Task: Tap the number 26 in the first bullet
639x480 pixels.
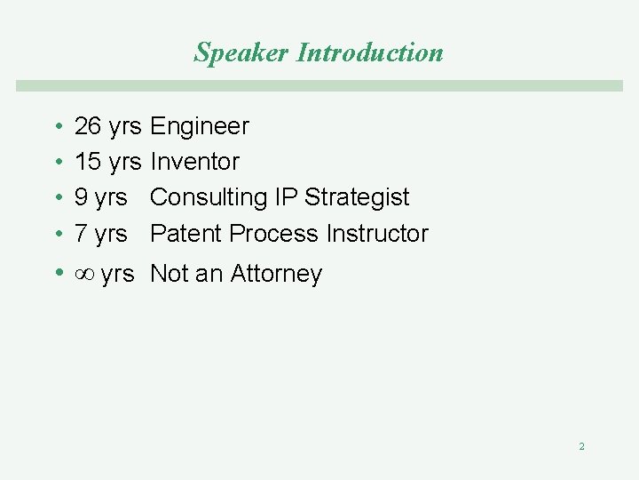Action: pyautogui.click(x=88, y=126)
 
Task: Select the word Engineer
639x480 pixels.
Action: pyautogui.click(x=200, y=127)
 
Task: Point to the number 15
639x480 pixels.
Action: pyautogui.click(x=88, y=162)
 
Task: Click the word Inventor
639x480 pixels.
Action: pyautogui.click(x=194, y=162)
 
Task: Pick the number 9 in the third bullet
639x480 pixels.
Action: pyautogui.click(x=81, y=197)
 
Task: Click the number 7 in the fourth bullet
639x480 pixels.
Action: pyautogui.click(x=81, y=234)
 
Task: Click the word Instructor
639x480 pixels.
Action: pyautogui.click(x=377, y=234)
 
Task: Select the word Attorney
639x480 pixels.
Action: pyautogui.click(x=276, y=275)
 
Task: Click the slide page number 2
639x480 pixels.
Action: pyautogui.click(x=581, y=446)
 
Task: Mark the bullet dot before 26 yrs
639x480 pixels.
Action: pyautogui.click(x=57, y=127)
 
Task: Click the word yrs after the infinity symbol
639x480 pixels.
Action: pyautogui.click(x=117, y=275)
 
